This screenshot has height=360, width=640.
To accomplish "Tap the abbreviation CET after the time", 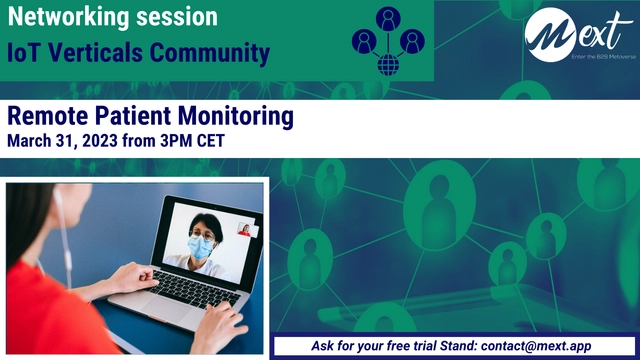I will click(x=208, y=141).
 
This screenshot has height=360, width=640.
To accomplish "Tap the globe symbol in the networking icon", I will click(x=387, y=65).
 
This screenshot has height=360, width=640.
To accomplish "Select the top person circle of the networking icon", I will click(x=387, y=19).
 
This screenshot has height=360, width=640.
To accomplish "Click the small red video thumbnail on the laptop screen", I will click(x=243, y=230).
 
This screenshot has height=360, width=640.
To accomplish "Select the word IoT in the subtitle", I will click(x=22, y=53).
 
